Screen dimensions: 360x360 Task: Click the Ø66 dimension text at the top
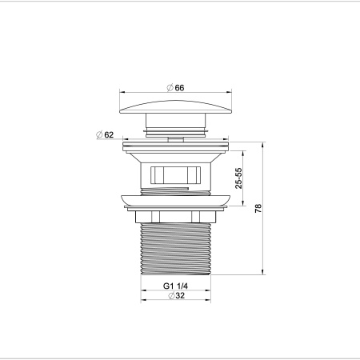(175, 88)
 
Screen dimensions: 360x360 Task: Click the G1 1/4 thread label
(176, 286)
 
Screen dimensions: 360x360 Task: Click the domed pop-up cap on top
(175, 106)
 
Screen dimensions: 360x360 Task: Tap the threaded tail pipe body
(175, 248)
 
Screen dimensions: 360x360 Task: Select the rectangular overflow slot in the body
(176, 174)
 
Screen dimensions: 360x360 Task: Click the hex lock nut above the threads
(175, 217)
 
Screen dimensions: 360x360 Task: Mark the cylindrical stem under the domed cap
(175, 126)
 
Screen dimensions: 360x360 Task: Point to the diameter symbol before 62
(98, 135)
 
